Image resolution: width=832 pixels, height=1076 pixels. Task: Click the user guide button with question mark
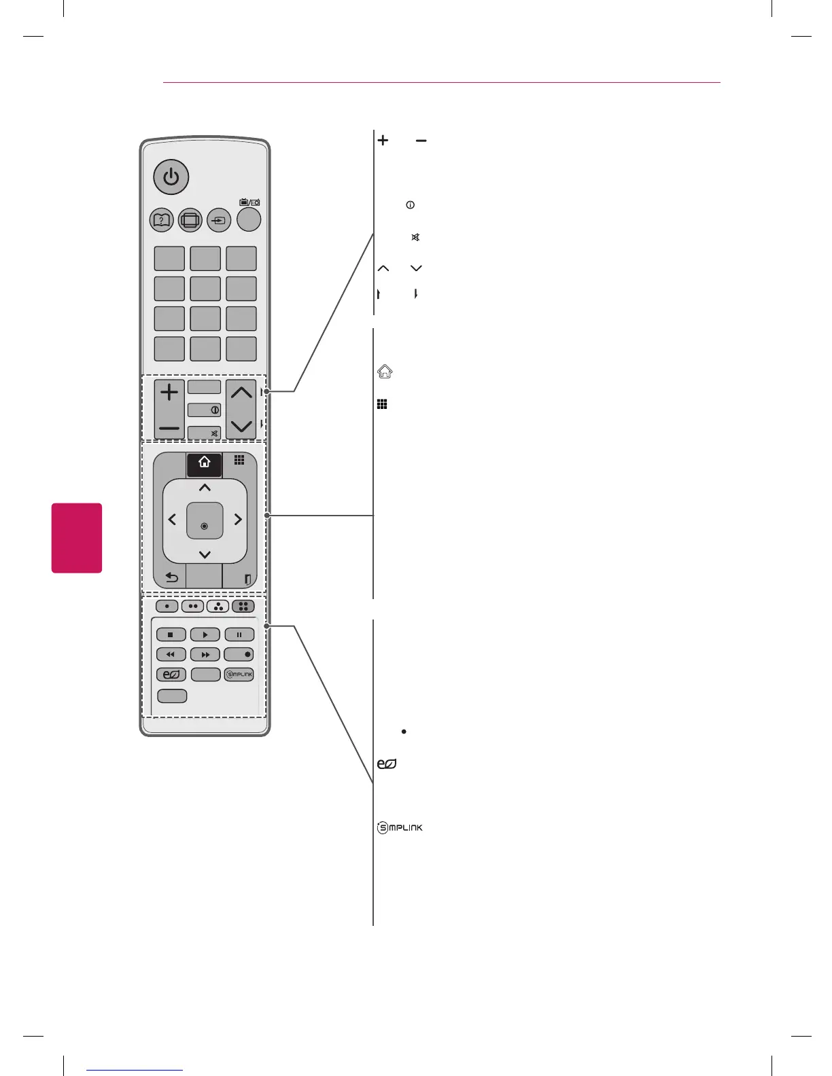coord(162,220)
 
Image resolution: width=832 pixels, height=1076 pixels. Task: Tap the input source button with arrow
coord(219,220)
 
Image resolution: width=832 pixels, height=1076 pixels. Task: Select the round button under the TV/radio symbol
coord(249,219)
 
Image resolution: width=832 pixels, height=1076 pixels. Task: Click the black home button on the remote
coord(205,463)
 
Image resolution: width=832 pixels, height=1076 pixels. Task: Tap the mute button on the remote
coord(205,433)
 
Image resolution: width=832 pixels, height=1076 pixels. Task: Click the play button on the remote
coord(205,634)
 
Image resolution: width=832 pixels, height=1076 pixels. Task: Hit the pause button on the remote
coord(239,634)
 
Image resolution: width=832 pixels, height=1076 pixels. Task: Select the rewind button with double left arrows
coord(171,655)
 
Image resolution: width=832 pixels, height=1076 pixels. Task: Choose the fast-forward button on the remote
coord(205,655)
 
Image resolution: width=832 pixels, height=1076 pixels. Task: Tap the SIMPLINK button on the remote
coord(239,675)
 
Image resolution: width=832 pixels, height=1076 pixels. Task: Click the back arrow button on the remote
coord(171,579)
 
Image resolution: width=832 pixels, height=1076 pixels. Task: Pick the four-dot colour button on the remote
coord(243,606)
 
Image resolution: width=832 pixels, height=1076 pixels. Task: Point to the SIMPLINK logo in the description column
coord(400,827)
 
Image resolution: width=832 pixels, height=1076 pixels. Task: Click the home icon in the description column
coord(385,372)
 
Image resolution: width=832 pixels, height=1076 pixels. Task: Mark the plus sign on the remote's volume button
coord(169,393)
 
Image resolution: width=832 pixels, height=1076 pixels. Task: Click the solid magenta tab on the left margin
coord(77,538)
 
